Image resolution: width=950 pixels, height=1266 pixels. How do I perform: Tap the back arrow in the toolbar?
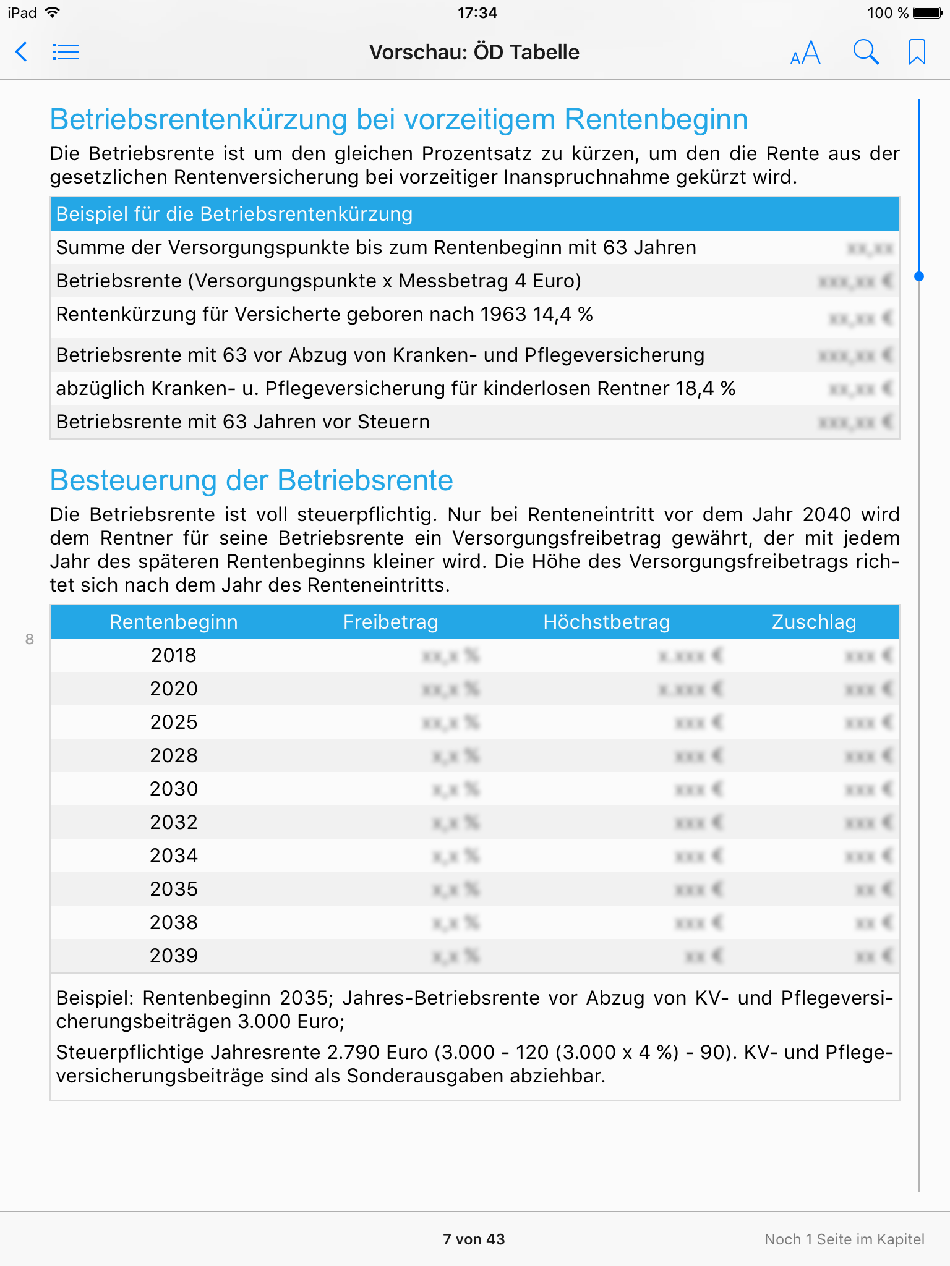coord(22,52)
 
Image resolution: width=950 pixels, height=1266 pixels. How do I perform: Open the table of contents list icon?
coord(66,52)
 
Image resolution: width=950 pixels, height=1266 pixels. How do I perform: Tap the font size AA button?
coord(805,53)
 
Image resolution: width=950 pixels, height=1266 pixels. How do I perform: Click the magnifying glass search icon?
coord(866,53)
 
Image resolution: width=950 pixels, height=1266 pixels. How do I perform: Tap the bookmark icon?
coord(917,53)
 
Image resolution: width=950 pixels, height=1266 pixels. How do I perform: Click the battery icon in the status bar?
coord(928,13)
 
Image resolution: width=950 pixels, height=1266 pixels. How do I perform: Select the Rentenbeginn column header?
coord(174,622)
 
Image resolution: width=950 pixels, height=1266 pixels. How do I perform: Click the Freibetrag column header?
coord(390,622)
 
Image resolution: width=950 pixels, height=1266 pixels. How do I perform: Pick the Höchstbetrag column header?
coord(606,622)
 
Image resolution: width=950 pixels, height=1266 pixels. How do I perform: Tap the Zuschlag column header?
coord(814,622)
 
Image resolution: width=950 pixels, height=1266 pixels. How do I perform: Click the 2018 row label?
coord(174,655)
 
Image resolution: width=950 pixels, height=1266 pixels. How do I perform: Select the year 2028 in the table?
coord(174,755)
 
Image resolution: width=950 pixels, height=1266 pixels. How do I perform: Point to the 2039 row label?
coord(174,956)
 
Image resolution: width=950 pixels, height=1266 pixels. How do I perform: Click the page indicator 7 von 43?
coord(474,1239)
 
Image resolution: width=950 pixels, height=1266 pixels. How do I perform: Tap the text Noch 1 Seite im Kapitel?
coord(844,1239)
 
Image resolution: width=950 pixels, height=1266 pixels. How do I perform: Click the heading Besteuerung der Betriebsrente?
coord(252,480)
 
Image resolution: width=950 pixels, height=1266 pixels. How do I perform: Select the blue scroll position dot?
coord(919,276)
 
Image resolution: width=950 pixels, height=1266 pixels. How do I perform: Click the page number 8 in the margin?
coord(30,639)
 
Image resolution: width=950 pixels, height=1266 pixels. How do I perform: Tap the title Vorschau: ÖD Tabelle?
coord(474,53)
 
